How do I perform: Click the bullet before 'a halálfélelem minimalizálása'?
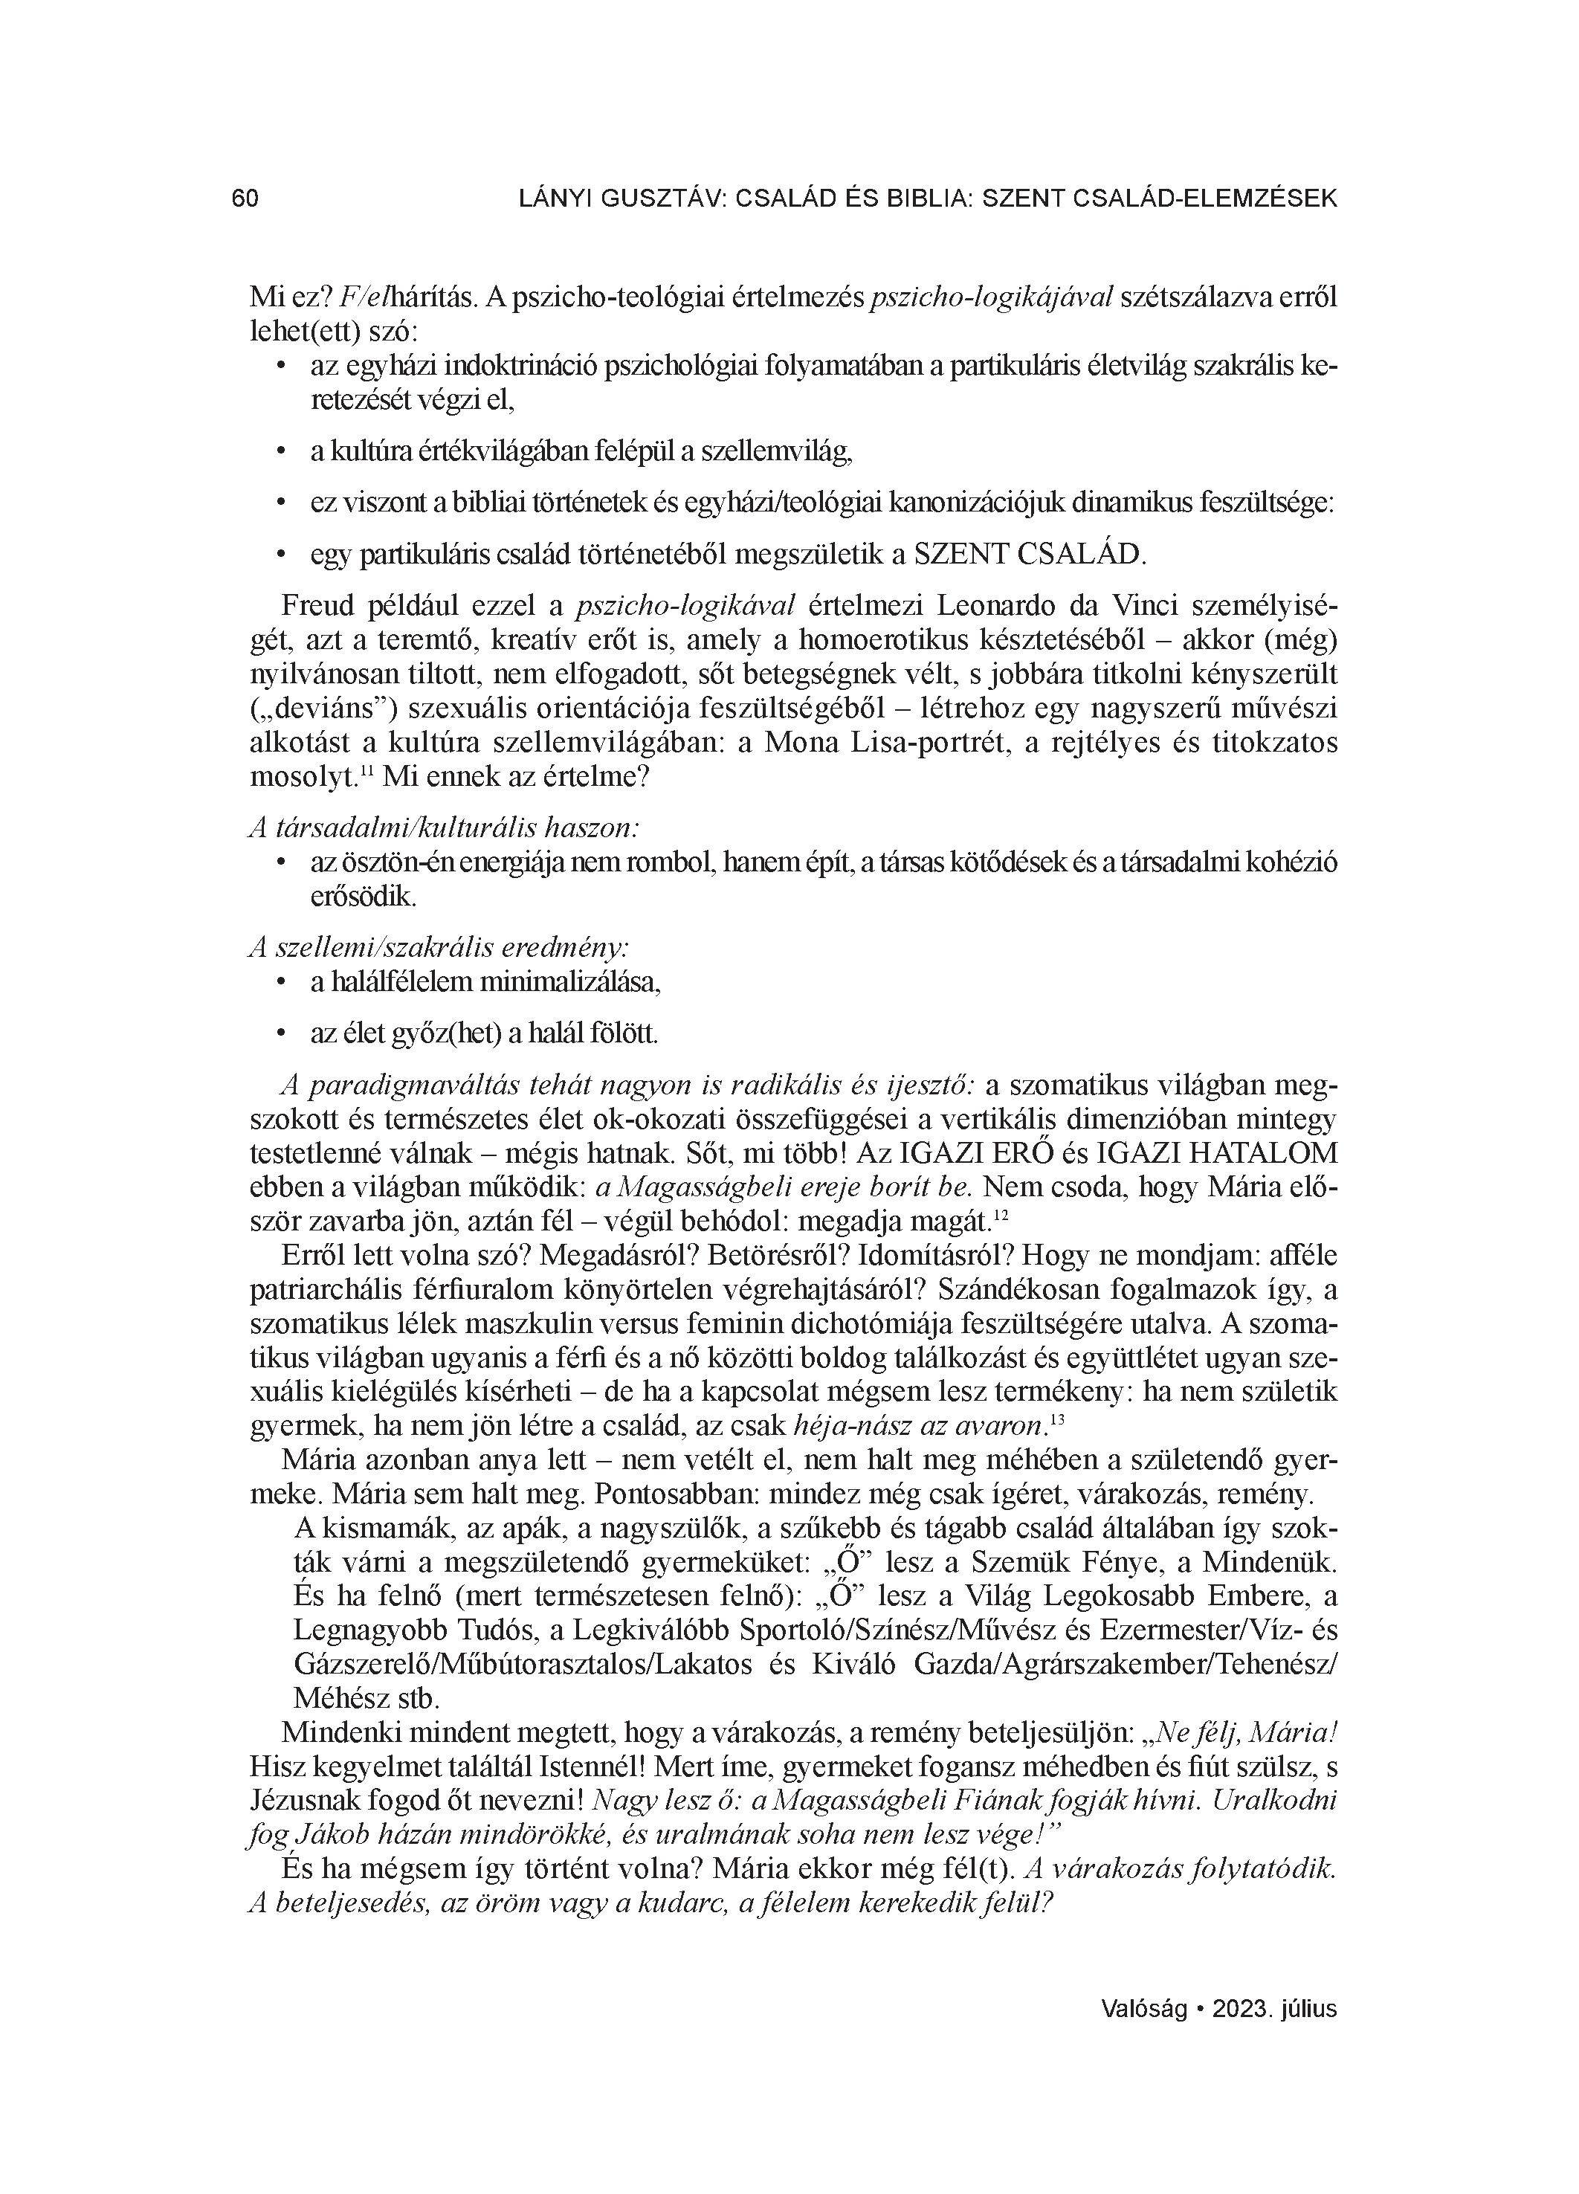[280, 983]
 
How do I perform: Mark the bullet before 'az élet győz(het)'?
[280, 1034]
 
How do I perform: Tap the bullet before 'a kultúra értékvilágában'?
[280, 452]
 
